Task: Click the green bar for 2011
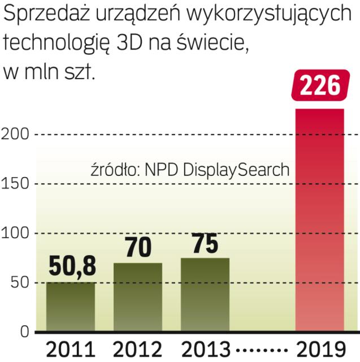[70, 307]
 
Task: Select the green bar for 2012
[137, 297]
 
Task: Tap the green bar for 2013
[205, 295]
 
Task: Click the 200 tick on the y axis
[15, 135]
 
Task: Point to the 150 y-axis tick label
[15, 184]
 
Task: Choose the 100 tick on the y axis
[15, 233]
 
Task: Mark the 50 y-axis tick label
[18, 283]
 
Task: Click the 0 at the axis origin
[23, 331]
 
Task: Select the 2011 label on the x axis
[70, 348]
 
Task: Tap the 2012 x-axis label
[137, 348]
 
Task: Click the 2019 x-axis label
[319, 348]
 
